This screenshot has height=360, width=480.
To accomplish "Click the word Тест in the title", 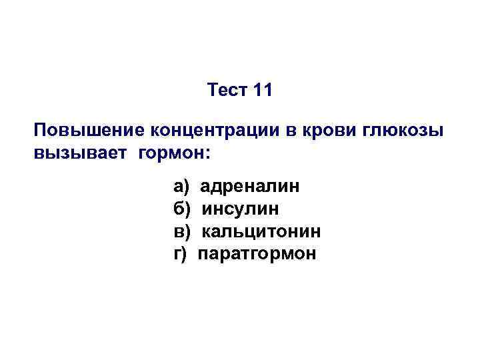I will click(x=227, y=90).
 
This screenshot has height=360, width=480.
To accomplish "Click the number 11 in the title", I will click(x=263, y=90).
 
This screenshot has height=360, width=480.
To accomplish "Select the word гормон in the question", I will click(x=169, y=154).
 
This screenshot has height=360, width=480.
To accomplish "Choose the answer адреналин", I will click(x=250, y=185).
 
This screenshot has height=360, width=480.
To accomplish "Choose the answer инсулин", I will click(x=241, y=209).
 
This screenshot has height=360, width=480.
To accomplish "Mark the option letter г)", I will click(x=180, y=254).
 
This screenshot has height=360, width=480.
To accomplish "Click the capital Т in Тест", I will click(x=213, y=90).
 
